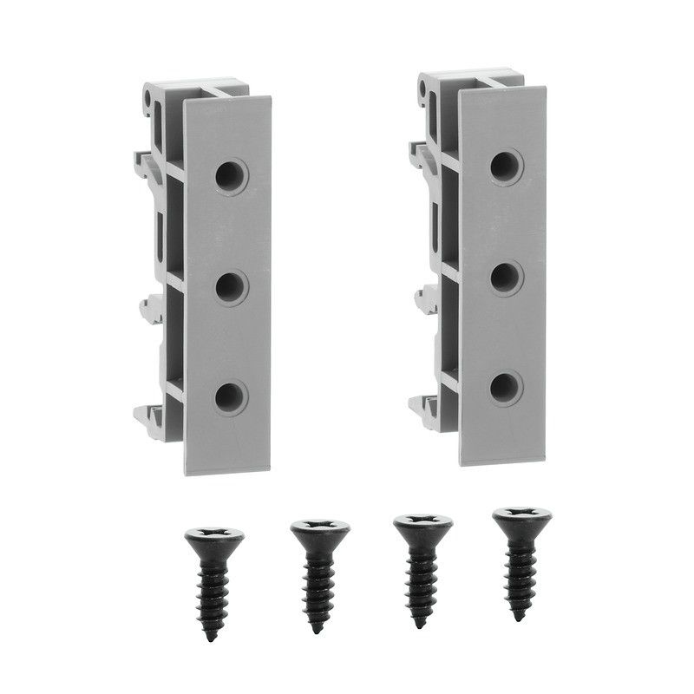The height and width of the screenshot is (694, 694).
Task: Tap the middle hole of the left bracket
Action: coord(231,286)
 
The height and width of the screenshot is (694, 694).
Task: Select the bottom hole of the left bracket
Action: coord(231,397)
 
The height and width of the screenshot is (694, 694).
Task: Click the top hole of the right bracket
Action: coord(506,167)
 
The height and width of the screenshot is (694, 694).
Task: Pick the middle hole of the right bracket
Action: coord(506,278)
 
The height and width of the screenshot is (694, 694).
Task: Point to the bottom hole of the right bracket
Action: coord(506,388)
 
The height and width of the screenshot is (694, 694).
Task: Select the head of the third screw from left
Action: coord(422,527)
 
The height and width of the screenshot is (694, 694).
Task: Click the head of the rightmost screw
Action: coord(521,520)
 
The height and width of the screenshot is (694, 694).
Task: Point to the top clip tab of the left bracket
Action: coord(142,160)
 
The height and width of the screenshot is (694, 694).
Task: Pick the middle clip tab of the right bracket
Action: coord(425,299)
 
